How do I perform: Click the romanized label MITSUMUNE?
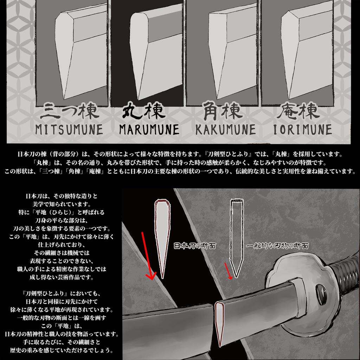69,129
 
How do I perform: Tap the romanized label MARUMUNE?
149,129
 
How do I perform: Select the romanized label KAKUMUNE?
225,129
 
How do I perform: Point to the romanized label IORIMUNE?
302,129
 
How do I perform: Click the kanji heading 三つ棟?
69,111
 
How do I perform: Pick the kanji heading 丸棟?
143,111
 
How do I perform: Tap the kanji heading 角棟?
223,111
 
